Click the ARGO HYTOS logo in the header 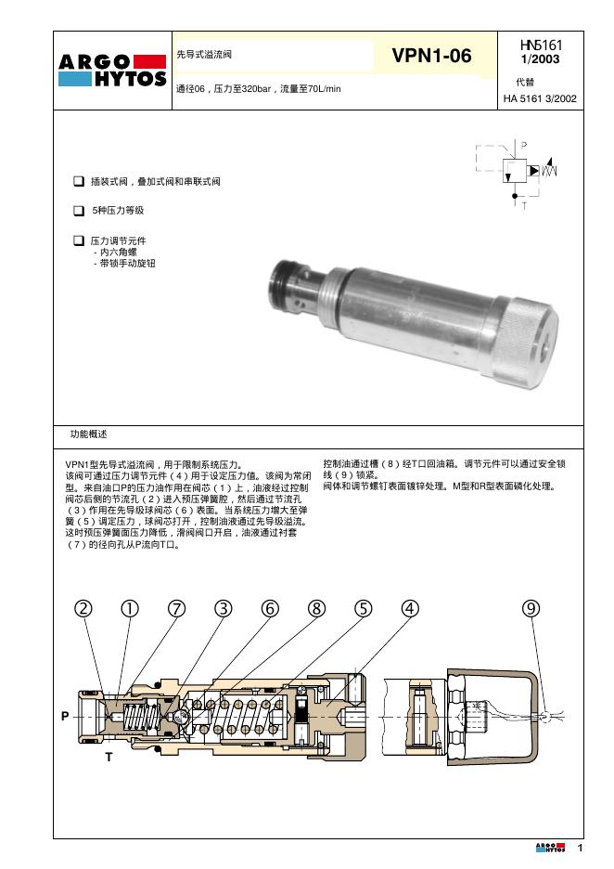(x=112, y=71)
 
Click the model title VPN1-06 (x=431, y=57)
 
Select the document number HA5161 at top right (x=541, y=45)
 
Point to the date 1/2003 (x=541, y=59)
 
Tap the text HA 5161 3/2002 (x=541, y=97)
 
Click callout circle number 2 (x=83, y=608)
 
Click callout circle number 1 (x=130, y=608)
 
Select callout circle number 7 (x=176, y=608)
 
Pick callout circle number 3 (x=223, y=608)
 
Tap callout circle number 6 (x=270, y=608)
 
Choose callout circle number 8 (x=316, y=608)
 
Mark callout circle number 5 (x=363, y=608)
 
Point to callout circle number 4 (x=409, y=608)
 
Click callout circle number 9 (x=531, y=608)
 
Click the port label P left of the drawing (x=65, y=717)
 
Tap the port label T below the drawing (x=109, y=757)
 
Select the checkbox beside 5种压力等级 (x=78, y=211)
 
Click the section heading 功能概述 (x=89, y=434)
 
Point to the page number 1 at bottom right (x=580, y=848)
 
